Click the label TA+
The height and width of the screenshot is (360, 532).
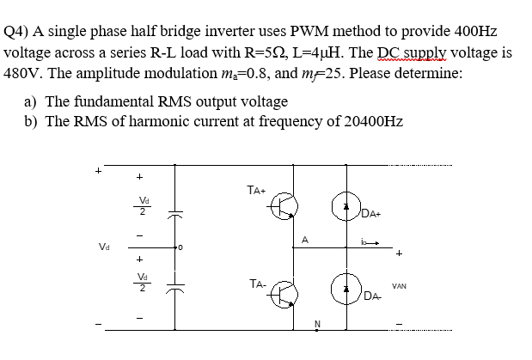(255, 189)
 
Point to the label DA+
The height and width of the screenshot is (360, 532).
(372, 214)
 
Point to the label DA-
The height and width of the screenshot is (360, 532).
(372, 296)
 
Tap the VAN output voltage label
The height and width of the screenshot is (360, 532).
(399, 285)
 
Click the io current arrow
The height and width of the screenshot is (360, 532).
(373, 243)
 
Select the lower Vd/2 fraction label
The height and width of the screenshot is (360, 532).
(144, 283)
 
